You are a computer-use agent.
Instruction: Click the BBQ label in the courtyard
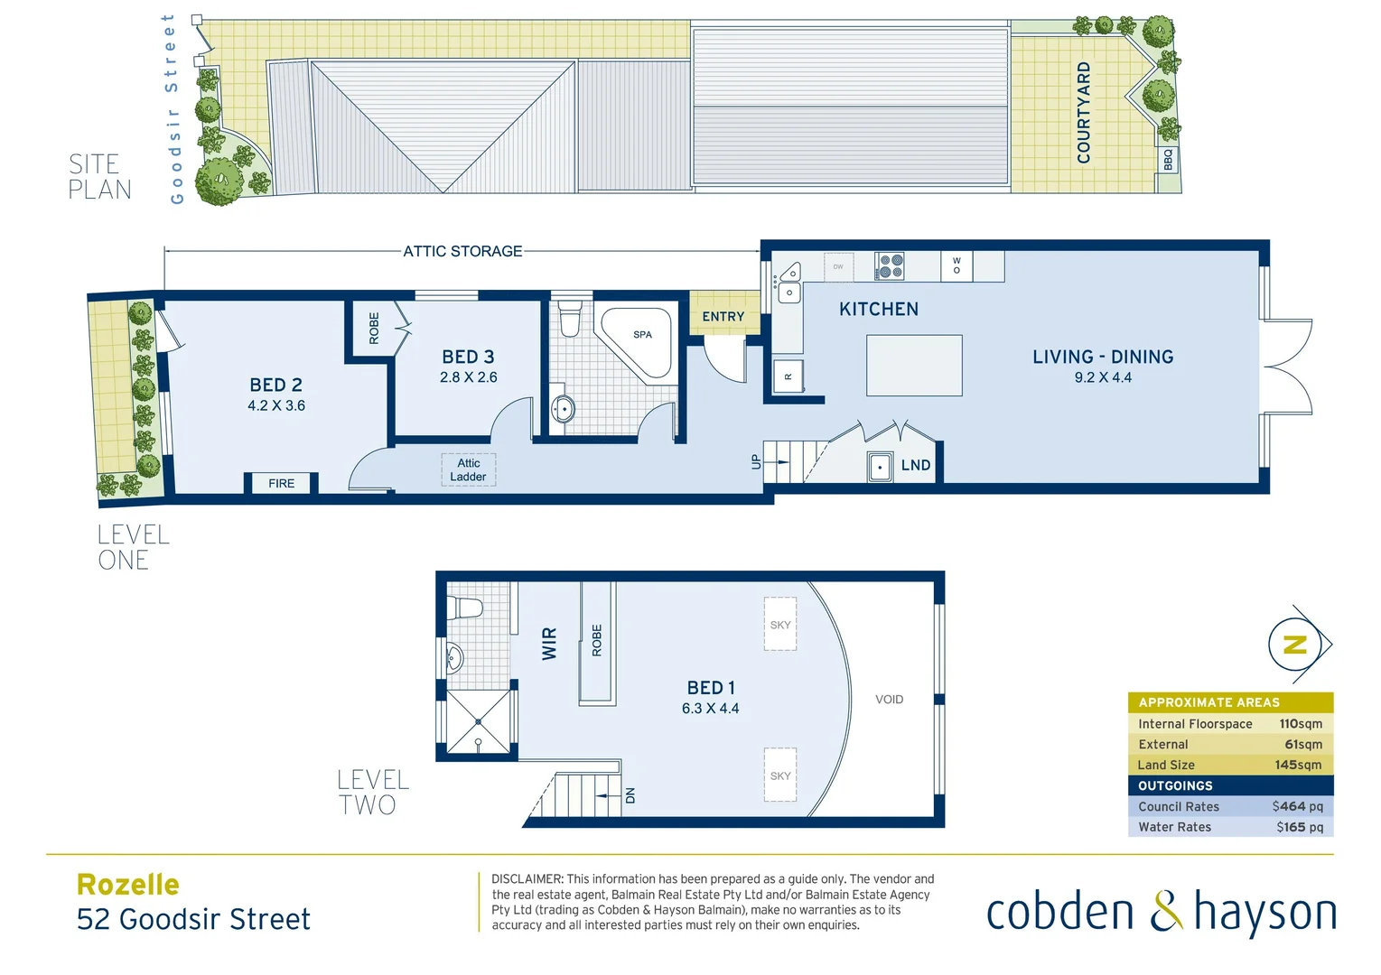click(x=1168, y=160)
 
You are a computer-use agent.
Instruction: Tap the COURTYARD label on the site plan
click(x=1084, y=113)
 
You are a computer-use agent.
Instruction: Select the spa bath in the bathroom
click(x=640, y=342)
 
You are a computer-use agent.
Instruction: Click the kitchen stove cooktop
click(x=890, y=266)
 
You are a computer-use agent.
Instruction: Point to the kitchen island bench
click(x=914, y=366)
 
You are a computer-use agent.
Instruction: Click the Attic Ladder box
click(x=468, y=470)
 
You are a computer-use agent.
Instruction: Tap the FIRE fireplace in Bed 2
click(x=281, y=484)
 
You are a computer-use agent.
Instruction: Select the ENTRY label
click(x=723, y=317)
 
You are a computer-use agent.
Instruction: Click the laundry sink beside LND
click(x=880, y=467)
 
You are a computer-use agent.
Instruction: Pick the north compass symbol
click(x=1296, y=645)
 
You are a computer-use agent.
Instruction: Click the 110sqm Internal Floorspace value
click(x=1300, y=724)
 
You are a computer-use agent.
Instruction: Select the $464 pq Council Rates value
click(x=1297, y=806)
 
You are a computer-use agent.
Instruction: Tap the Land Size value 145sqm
click(x=1298, y=765)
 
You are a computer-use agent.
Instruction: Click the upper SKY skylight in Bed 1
click(x=780, y=624)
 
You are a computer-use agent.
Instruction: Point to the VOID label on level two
click(x=889, y=700)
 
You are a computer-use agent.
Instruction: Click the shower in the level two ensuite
click(x=478, y=723)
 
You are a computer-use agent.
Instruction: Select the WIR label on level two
click(x=549, y=644)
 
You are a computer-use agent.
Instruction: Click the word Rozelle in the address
click(x=128, y=885)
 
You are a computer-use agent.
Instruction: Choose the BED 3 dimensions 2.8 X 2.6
click(x=468, y=377)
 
